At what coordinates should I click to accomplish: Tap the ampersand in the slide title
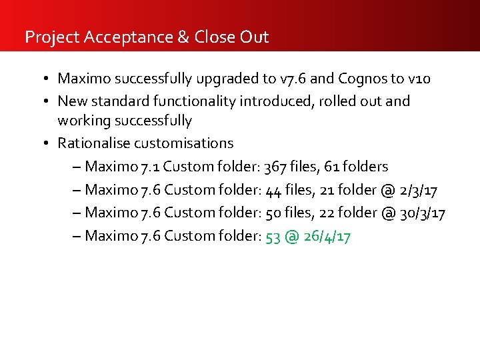click(183, 37)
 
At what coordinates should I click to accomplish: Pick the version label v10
click(419, 79)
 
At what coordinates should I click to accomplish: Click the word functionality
click(205, 101)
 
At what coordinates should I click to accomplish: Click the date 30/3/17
click(423, 213)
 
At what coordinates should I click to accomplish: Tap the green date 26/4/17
click(326, 236)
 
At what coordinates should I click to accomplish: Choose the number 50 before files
click(273, 213)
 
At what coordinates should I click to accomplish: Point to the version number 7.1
click(151, 166)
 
